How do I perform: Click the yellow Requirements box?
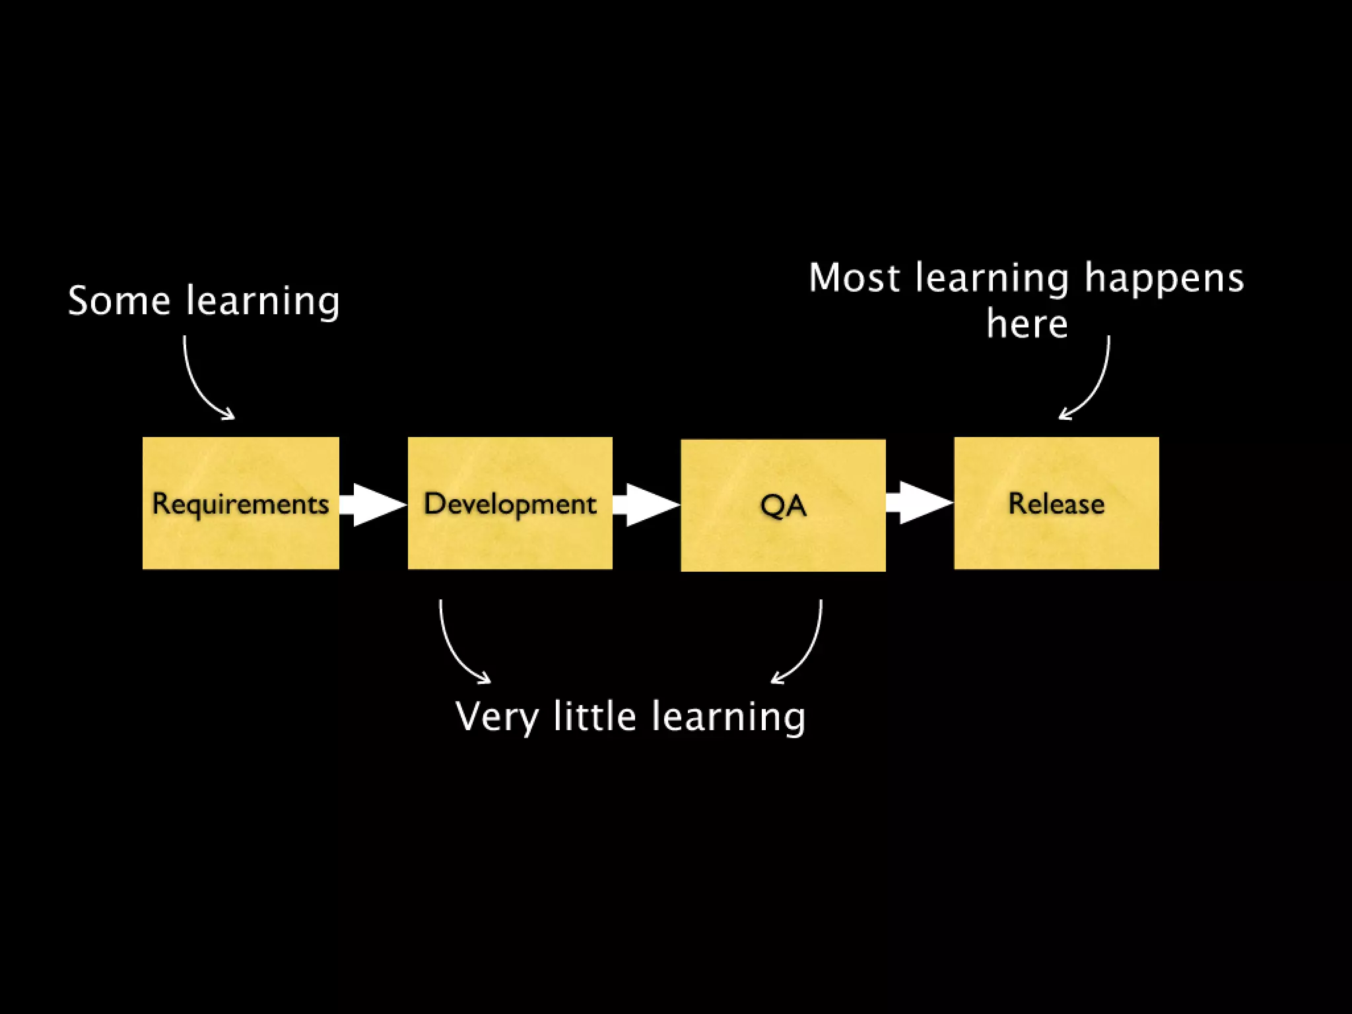241,503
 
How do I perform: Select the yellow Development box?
510,503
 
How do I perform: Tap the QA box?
783,505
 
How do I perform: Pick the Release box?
1056,503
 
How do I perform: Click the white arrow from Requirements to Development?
374,505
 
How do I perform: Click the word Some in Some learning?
119,301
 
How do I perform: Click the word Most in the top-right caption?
854,277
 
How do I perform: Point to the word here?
1027,323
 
